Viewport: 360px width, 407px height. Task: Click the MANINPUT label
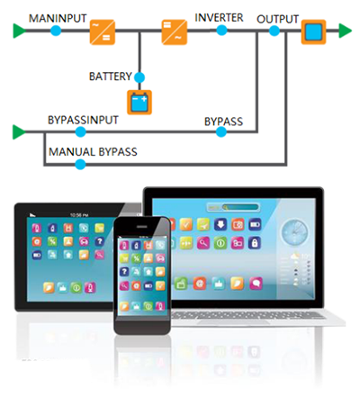click(x=58, y=19)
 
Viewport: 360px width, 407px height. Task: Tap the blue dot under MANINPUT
click(x=56, y=31)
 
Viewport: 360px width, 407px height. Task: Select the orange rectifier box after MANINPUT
click(x=103, y=32)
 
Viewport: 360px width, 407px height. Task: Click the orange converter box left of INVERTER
click(x=175, y=32)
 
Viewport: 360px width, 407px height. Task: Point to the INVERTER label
click(x=219, y=18)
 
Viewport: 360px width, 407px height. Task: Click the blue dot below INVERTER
click(x=221, y=30)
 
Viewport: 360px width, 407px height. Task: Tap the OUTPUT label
click(x=277, y=19)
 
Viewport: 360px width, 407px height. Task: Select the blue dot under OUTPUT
click(x=274, y=31)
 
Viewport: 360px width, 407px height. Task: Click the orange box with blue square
click(x=313, y=32)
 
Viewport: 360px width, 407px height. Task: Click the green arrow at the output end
click(x=345, y=31)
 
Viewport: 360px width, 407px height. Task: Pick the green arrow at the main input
click(x=20, y=31)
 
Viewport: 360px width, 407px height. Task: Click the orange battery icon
click(x=139, y=103)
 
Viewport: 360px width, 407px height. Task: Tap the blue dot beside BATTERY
click(x=139, y=77)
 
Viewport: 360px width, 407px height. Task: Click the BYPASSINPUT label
click(x=83, y=120)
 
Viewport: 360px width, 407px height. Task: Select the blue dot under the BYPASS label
click(x=221, y=131)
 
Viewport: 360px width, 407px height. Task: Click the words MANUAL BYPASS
click(x=93, y=152)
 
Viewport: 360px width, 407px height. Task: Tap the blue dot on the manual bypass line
click(x=80, y=164)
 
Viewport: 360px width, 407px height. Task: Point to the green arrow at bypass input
click(x=19, y=132)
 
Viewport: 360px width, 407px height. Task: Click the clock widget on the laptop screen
click(x=294, y=232)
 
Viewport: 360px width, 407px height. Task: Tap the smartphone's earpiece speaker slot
click(x=142, y=227)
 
